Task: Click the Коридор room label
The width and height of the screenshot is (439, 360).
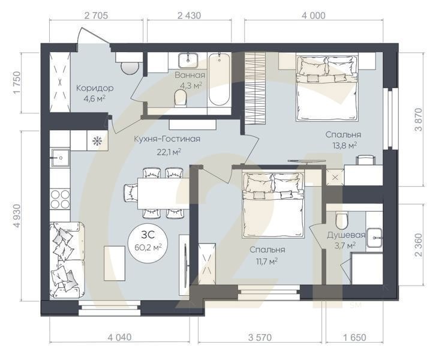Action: point(95,88)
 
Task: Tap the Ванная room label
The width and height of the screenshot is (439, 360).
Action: point(190,75)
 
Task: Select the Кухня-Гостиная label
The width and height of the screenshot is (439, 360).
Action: point(167,139)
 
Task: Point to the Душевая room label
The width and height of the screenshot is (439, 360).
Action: point(346,235)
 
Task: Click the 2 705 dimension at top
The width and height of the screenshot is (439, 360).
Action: point(96,15)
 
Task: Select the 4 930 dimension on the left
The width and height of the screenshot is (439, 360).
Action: point(17,216)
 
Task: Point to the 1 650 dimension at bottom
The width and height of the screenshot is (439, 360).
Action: point(354,338)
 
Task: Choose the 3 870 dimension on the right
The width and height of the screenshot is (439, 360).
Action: point(419,119)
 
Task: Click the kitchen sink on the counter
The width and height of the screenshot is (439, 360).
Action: point(60,158)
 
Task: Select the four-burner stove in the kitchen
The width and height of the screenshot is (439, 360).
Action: point(60,199)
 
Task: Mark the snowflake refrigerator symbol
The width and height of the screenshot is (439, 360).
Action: point(97,141)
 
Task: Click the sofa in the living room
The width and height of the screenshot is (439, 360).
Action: point(67,260)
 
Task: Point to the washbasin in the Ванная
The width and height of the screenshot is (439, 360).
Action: point(188,60)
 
